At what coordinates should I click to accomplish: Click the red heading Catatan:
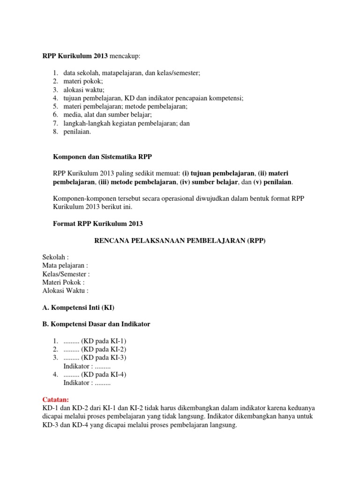click(55, 399)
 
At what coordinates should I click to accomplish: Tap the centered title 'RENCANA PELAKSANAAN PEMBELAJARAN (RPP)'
click(180, 240)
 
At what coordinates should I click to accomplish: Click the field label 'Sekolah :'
click(56, 257)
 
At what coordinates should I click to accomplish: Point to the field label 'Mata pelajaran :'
click(65, 266)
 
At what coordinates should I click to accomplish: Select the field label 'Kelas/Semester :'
click(66, 274)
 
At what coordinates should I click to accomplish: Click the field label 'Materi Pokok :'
click(63, 282)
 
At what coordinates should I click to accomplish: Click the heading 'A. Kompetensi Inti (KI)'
click(78, 307)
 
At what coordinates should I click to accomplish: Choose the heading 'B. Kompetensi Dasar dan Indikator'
click(96, 324)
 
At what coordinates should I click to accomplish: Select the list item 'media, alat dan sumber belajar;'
click(108, 115)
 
